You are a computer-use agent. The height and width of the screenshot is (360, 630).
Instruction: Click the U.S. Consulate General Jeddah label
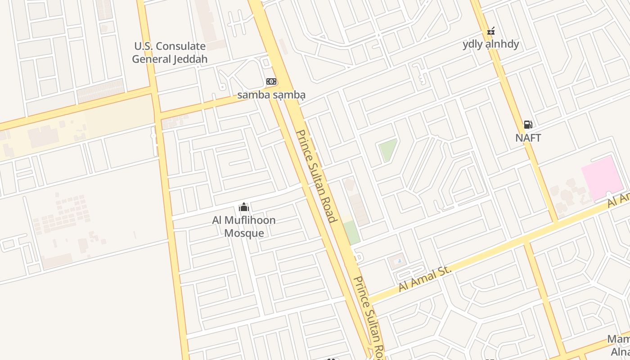170,53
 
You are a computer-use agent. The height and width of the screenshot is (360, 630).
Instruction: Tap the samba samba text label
271,95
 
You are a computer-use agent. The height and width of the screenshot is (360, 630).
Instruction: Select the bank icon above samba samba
271,81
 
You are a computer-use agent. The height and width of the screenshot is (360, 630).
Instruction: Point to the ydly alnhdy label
491,44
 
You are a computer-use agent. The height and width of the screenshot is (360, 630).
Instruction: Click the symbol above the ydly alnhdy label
491,31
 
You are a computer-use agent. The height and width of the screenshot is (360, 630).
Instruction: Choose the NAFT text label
528,138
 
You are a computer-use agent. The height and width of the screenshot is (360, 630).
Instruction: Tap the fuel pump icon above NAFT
528,125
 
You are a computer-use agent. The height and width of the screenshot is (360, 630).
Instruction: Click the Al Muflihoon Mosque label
244,226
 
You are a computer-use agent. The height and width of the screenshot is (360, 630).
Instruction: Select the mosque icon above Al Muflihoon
244,207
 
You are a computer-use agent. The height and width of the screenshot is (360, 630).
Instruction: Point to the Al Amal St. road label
425,278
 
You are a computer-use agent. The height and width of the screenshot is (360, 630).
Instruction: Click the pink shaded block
602,178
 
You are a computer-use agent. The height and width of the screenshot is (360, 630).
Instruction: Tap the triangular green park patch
387,149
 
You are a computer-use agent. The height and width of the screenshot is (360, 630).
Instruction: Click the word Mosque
244,233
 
